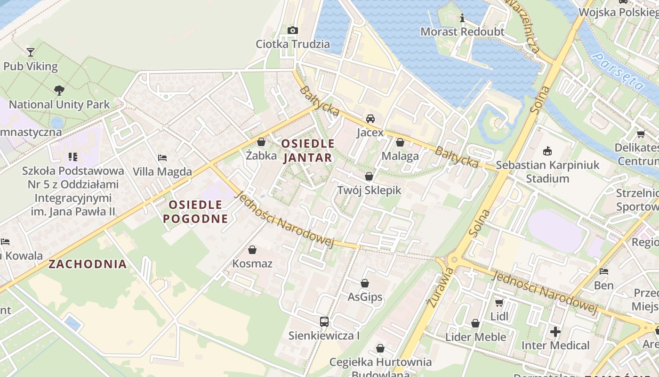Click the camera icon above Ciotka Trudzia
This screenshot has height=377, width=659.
pyautogui.click(x=292, y=31)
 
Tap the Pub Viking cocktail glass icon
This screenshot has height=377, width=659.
pyautogui.click(x=31, y=52)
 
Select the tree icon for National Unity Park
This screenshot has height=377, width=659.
pyautogui.click(x=59, y=90)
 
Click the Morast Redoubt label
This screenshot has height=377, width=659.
pyautogui.click(x=462, y=32)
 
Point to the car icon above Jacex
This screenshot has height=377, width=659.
pyautogui.click(x=370, y=118)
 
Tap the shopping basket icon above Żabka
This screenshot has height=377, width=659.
pyautogui.click(x=261, y=142)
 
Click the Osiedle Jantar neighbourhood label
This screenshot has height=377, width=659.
pyautogui.click(x=309, y=150)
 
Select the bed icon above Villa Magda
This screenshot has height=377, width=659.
pyautogui.click(x=162, y=157)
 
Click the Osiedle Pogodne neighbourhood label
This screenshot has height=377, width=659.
pyautogui.click(x=195, y=212)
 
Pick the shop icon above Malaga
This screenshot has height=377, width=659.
pyautogui.click(x=400, y=142)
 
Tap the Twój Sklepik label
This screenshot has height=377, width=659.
pyautogui.click(x=369, y=190)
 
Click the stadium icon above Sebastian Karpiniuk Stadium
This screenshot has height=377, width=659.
pyautogui.click(x=547, y=151)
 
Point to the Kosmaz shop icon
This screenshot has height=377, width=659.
pyautogui.click(x=252, y=249)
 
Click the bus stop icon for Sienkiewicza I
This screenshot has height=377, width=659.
pyautogui.click(x=324, y=322)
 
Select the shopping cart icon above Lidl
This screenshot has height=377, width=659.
pyautogui.click(x=499, y=302)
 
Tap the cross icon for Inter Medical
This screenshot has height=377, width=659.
pyautogui.click(x=555, y=331)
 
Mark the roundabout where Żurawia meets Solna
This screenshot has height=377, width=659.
pyautogui.click(x=453, y=260)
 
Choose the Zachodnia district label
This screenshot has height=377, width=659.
pyautogui.click(x=88, y=264)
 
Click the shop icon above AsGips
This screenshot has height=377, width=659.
pyautogui.click(x=365, y=283)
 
